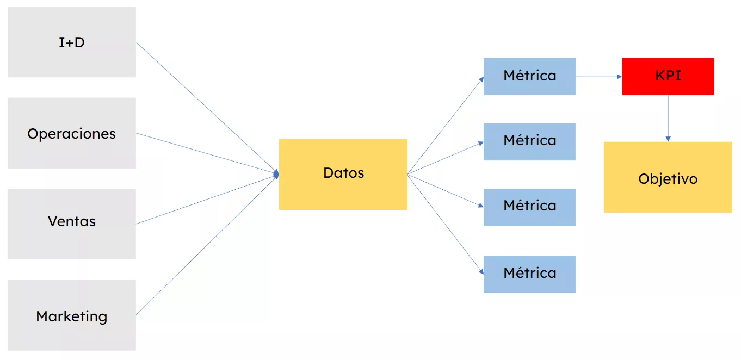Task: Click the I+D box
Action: (71, 42)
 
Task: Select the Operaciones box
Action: (71, 133)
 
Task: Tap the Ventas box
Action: (71, 221)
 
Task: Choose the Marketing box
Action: (71, 315)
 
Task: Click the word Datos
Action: (343, 173)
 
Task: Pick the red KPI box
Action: (668, 76)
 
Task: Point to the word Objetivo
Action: (668, 178)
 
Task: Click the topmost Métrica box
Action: (529, 76)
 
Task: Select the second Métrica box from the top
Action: (529, 141)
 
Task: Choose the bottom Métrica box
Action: (529, 274)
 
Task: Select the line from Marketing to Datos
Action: (207, 245)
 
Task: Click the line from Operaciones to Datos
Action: (207, 153)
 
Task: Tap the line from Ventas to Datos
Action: (207, 198)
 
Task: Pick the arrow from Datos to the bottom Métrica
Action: (445, 223)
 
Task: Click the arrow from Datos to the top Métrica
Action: (445, 126)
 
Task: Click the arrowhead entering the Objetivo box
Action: (668, 139)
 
